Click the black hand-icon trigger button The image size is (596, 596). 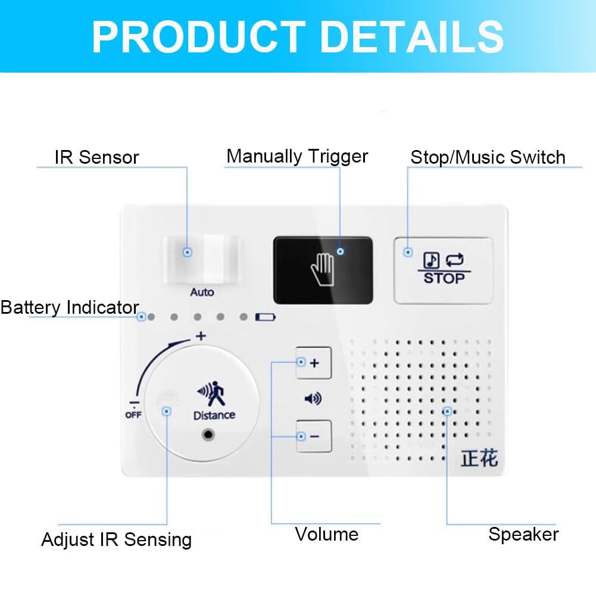pyautogui.click(x=323, y=269)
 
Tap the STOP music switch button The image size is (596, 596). pyautogui.click(x=444, y=270)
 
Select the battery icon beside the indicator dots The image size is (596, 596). pyautogui.click(x=266, y=317)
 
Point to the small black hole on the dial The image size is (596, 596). pyautogui.click(x=208, y=434)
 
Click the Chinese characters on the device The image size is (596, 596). pyautogui.click(x=479, y=458)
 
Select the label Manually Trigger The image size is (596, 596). pyautogui.click(x=297, y=157)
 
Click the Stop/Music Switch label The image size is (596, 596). pyautogui.click(x=488, y=157)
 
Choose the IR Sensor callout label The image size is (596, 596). pyautogui.click(x=96, y=158)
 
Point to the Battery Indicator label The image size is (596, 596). pyautogui.click(x=70, y=308)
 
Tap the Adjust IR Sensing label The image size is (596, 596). pyautogui.click(x=117, y=540)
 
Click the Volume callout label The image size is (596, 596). pyautogui.click(x=326, y=534)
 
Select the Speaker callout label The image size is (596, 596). pyautogui.click(x=523, y=534)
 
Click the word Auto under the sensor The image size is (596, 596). pyautogui.click(x=202, y=292)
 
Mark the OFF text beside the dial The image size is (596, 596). pyautogui.click(x=133, y=415)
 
